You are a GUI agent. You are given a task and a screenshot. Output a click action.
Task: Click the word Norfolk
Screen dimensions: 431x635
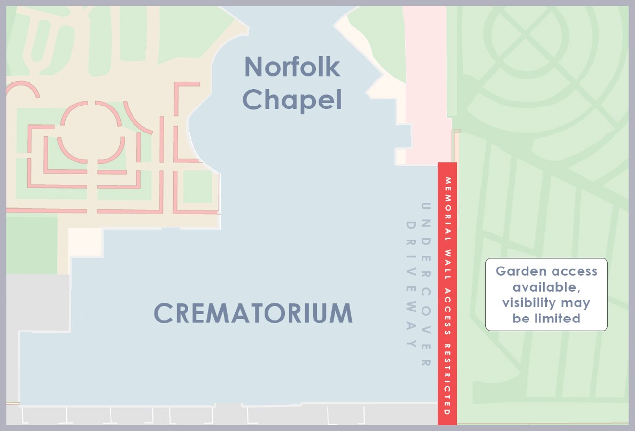tap(292, 67)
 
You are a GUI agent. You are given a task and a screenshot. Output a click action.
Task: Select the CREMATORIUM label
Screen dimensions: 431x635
tap(253, 313)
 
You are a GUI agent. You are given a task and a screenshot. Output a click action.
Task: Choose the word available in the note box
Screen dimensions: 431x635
tap(546, 287)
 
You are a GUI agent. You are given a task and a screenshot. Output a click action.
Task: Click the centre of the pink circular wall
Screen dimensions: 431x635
tap(91, 132)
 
